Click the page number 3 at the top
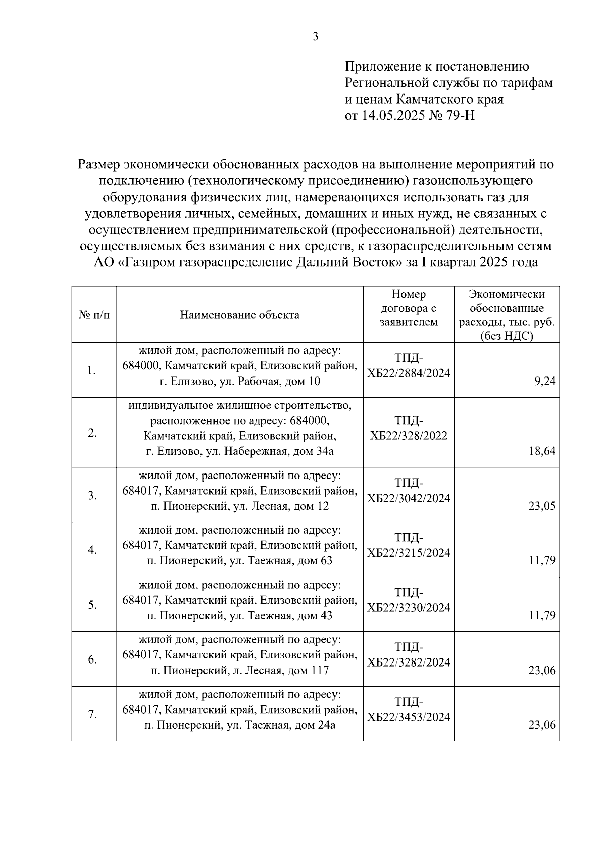315,37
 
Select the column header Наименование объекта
240,315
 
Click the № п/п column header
94,315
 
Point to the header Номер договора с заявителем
409,308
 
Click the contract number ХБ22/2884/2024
409,373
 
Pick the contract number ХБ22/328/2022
409,436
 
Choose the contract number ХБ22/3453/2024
409,717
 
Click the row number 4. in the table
92,550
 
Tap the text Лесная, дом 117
286,671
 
